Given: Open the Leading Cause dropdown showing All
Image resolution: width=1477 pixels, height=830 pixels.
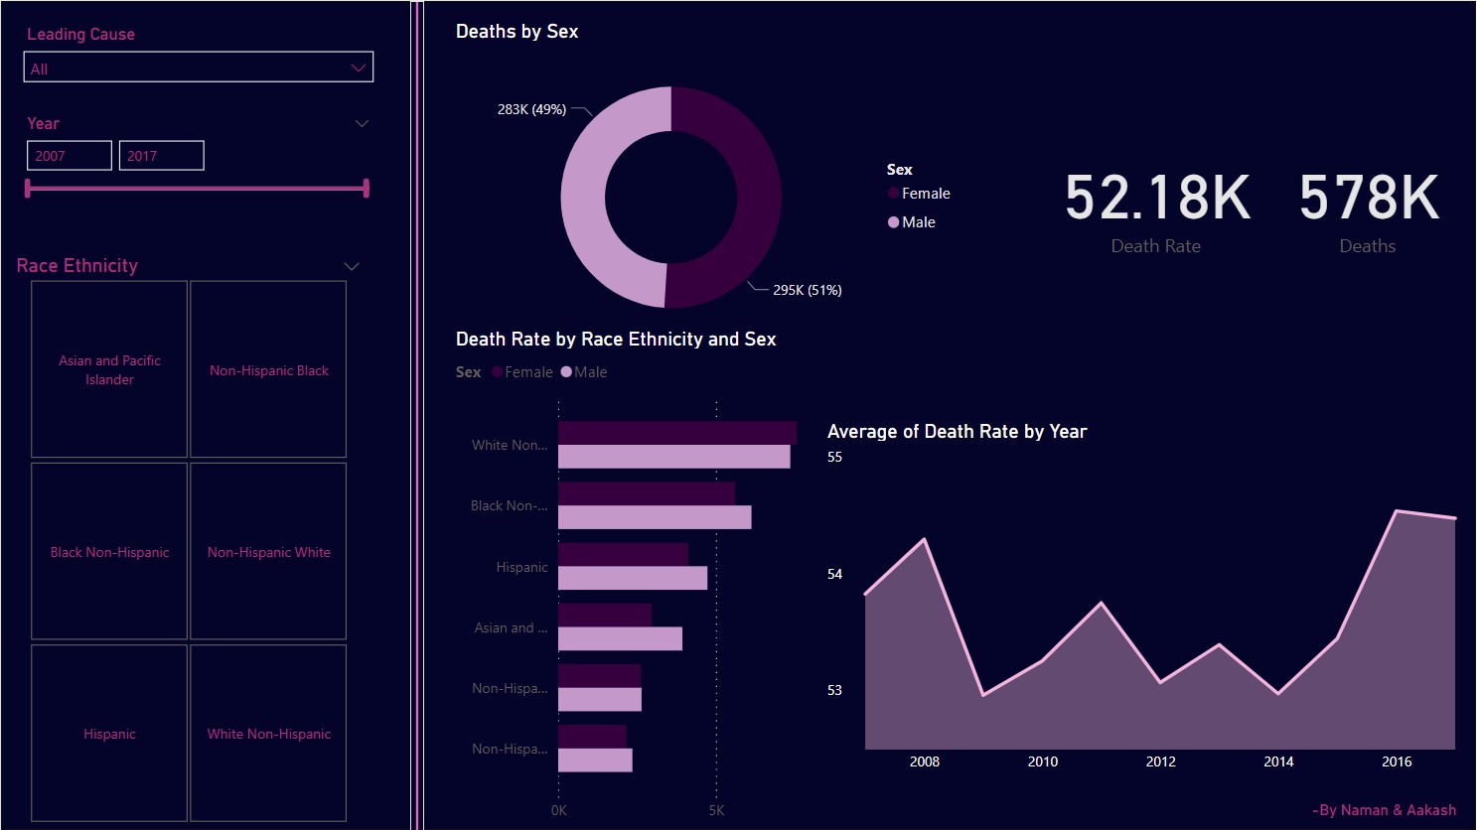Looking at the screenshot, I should [x=198, y=68].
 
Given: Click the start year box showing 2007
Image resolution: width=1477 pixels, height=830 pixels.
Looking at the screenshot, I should [x=69, y=156].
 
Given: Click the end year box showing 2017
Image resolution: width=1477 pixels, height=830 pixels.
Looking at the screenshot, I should [x=161, y=156].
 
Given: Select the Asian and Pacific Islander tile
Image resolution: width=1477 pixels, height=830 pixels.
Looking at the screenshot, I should [x=109, y=369].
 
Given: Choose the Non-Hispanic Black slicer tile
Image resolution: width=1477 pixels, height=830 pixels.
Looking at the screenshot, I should [x=268, y=369].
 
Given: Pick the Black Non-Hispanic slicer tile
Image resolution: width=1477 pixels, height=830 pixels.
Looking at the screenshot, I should [x=109, y=551].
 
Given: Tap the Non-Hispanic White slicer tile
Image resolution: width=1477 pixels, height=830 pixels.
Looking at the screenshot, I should [x=268, y=551].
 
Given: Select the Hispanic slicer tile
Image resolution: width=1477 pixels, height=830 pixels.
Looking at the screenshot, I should [x=109, y=733].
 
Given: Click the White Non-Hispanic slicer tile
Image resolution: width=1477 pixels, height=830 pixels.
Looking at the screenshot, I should [x=268, y=733].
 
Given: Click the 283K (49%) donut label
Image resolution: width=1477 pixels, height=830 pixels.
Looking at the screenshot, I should [x=531, y=109].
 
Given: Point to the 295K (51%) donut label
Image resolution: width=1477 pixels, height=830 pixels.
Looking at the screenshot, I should [x=807, y=290].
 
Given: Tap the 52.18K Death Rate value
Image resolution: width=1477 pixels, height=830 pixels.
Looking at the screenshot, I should [x=1156, y=198].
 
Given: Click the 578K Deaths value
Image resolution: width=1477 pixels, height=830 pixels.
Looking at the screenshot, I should [x=1368, y=198].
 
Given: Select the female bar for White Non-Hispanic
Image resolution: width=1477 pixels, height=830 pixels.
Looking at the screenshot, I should [x=676, y=433].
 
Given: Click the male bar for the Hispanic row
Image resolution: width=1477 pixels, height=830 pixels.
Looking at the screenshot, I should [x=632, y=578].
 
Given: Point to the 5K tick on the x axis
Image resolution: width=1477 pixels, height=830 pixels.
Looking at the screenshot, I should [x=716, y=810].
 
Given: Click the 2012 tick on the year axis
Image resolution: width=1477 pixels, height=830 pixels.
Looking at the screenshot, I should [x=1160, y=761].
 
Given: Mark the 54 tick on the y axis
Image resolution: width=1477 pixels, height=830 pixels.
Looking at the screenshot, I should [x=834, y=574].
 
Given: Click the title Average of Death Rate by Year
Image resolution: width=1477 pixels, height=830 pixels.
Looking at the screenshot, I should [x=957, y=432].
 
